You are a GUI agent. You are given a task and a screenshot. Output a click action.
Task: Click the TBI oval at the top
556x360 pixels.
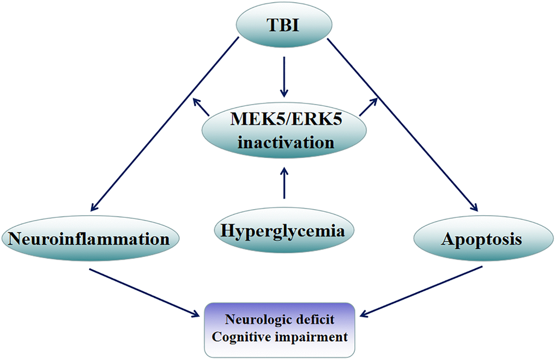point(282,25)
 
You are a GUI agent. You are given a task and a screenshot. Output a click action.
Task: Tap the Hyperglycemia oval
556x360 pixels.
point(283,231)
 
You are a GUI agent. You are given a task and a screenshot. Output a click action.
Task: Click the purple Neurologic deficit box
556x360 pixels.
point(280,329)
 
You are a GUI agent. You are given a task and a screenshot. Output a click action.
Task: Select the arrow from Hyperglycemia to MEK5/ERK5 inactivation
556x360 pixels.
point(283,182)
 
